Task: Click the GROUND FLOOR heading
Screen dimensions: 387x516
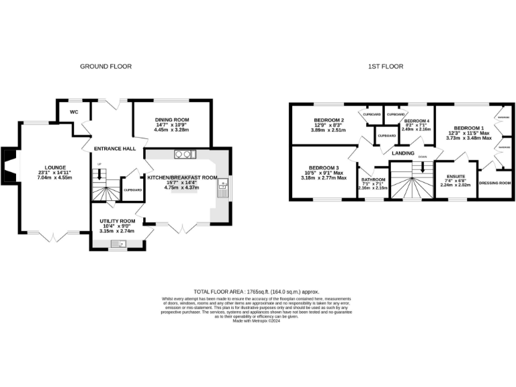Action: tap(106, 67)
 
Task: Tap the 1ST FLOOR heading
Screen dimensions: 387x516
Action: tap(385, 67)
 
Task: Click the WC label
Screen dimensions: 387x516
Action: tap(74, 112)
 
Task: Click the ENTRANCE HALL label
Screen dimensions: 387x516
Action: tap(114, 148)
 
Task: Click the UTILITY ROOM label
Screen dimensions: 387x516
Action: tap(118, 220)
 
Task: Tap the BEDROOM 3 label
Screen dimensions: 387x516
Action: tap(323, 167)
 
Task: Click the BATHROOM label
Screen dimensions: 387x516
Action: tap(373, 179)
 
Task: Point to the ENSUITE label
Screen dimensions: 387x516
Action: tap(455, 176)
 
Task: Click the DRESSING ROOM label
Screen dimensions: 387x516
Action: tap(495, 183)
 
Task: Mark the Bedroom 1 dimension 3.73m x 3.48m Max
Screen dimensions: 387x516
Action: tap(468, 138)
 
